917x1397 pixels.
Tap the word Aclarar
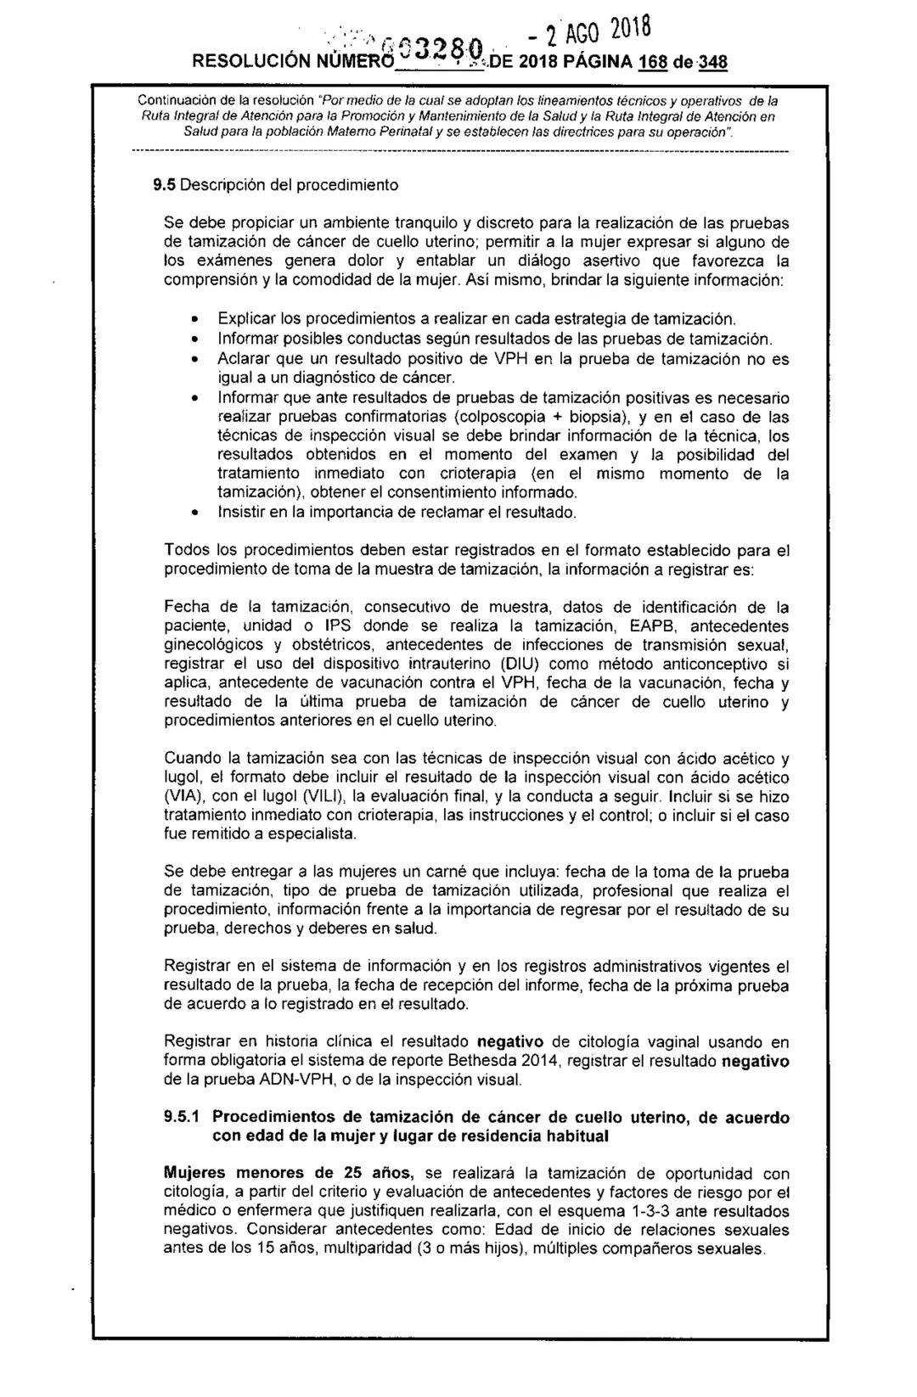tap(243, 358)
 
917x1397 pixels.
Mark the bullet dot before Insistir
tap(194, 513)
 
